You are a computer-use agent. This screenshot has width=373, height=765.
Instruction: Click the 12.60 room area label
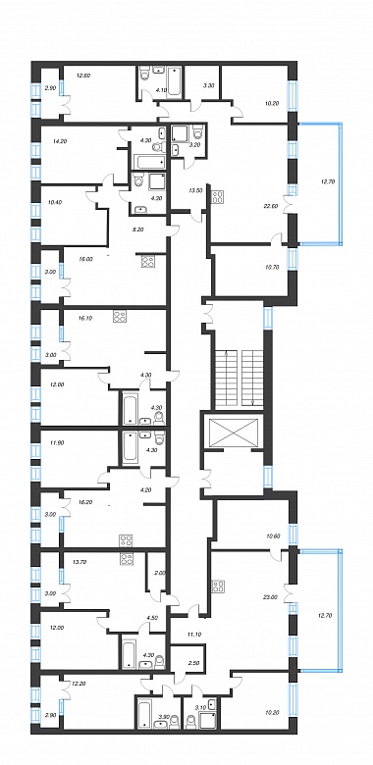[85, 76]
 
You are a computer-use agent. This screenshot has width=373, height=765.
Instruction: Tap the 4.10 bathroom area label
[161, 89]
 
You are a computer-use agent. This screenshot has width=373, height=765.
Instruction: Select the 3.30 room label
[207, 85]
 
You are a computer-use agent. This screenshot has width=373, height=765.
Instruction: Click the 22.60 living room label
[271, 206]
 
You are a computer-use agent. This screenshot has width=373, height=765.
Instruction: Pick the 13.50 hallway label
[195, 191]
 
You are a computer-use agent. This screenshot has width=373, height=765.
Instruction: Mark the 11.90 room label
[57, 444]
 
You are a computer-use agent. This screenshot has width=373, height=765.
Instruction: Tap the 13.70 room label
[79, 561]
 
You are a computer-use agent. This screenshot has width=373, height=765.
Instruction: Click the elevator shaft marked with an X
[233, 432]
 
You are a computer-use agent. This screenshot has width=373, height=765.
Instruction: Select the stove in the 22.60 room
[217, 197]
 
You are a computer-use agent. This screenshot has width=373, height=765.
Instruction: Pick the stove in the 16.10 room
[119, 317]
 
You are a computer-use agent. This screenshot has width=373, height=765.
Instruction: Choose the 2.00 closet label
[156, 574]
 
